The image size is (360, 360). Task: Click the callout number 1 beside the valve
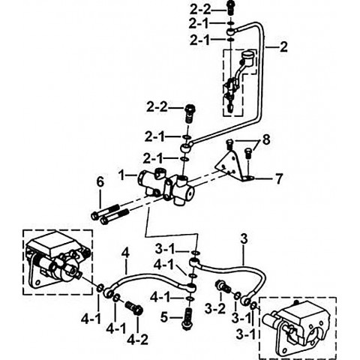[x=121, y=175]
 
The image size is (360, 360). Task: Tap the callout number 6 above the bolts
[x=100, y=182]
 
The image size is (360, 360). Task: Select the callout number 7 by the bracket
[x=279, y=178]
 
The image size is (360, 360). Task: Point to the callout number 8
[x=266, y=140]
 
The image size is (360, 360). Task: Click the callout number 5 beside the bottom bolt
[x=164, y=317]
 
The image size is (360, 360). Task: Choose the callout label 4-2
[x=137, y=340]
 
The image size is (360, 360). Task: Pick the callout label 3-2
[x=215, y=309]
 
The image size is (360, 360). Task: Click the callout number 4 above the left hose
[x=125, y=253]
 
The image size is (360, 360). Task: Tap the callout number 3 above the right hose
[x=244, y=239]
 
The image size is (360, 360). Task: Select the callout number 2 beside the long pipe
[x=283, y=47]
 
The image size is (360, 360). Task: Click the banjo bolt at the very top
[x=230, y=7]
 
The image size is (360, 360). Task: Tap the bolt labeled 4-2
[x=134, y=308]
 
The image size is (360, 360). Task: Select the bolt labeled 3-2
[x=223, y=286]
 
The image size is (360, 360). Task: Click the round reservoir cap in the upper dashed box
[x=247, y=55]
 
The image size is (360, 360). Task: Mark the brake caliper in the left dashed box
[x=57, y=261]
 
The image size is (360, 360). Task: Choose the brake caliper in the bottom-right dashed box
[x=298, y=328]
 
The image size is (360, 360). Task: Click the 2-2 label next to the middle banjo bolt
[x=157, y=107]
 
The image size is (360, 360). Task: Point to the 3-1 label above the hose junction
[x=166, y=249]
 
